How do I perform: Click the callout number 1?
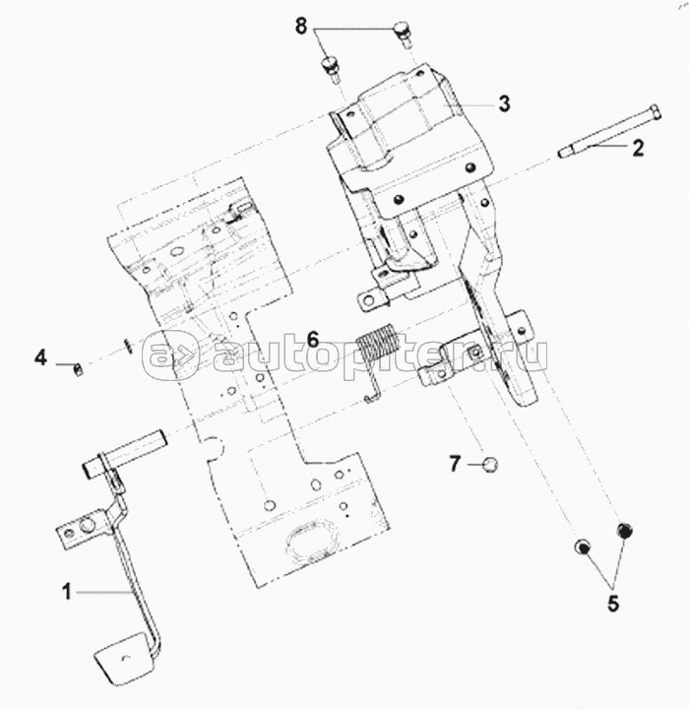point(67,592)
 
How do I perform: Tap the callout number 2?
point(638,148)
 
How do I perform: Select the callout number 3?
point(505,103)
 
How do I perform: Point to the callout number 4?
point(40,357)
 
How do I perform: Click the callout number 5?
point(613,604)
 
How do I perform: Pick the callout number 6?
point(313,340)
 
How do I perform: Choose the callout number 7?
point(455,464)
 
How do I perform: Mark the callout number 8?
point(301,27)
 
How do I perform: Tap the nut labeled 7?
point(490,465)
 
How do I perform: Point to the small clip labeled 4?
point(79,369)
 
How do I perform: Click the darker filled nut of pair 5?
point(624,530)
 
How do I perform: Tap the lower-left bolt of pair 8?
point(332,69)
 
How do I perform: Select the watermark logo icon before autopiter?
point(171,355)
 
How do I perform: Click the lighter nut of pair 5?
point(582,547)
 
